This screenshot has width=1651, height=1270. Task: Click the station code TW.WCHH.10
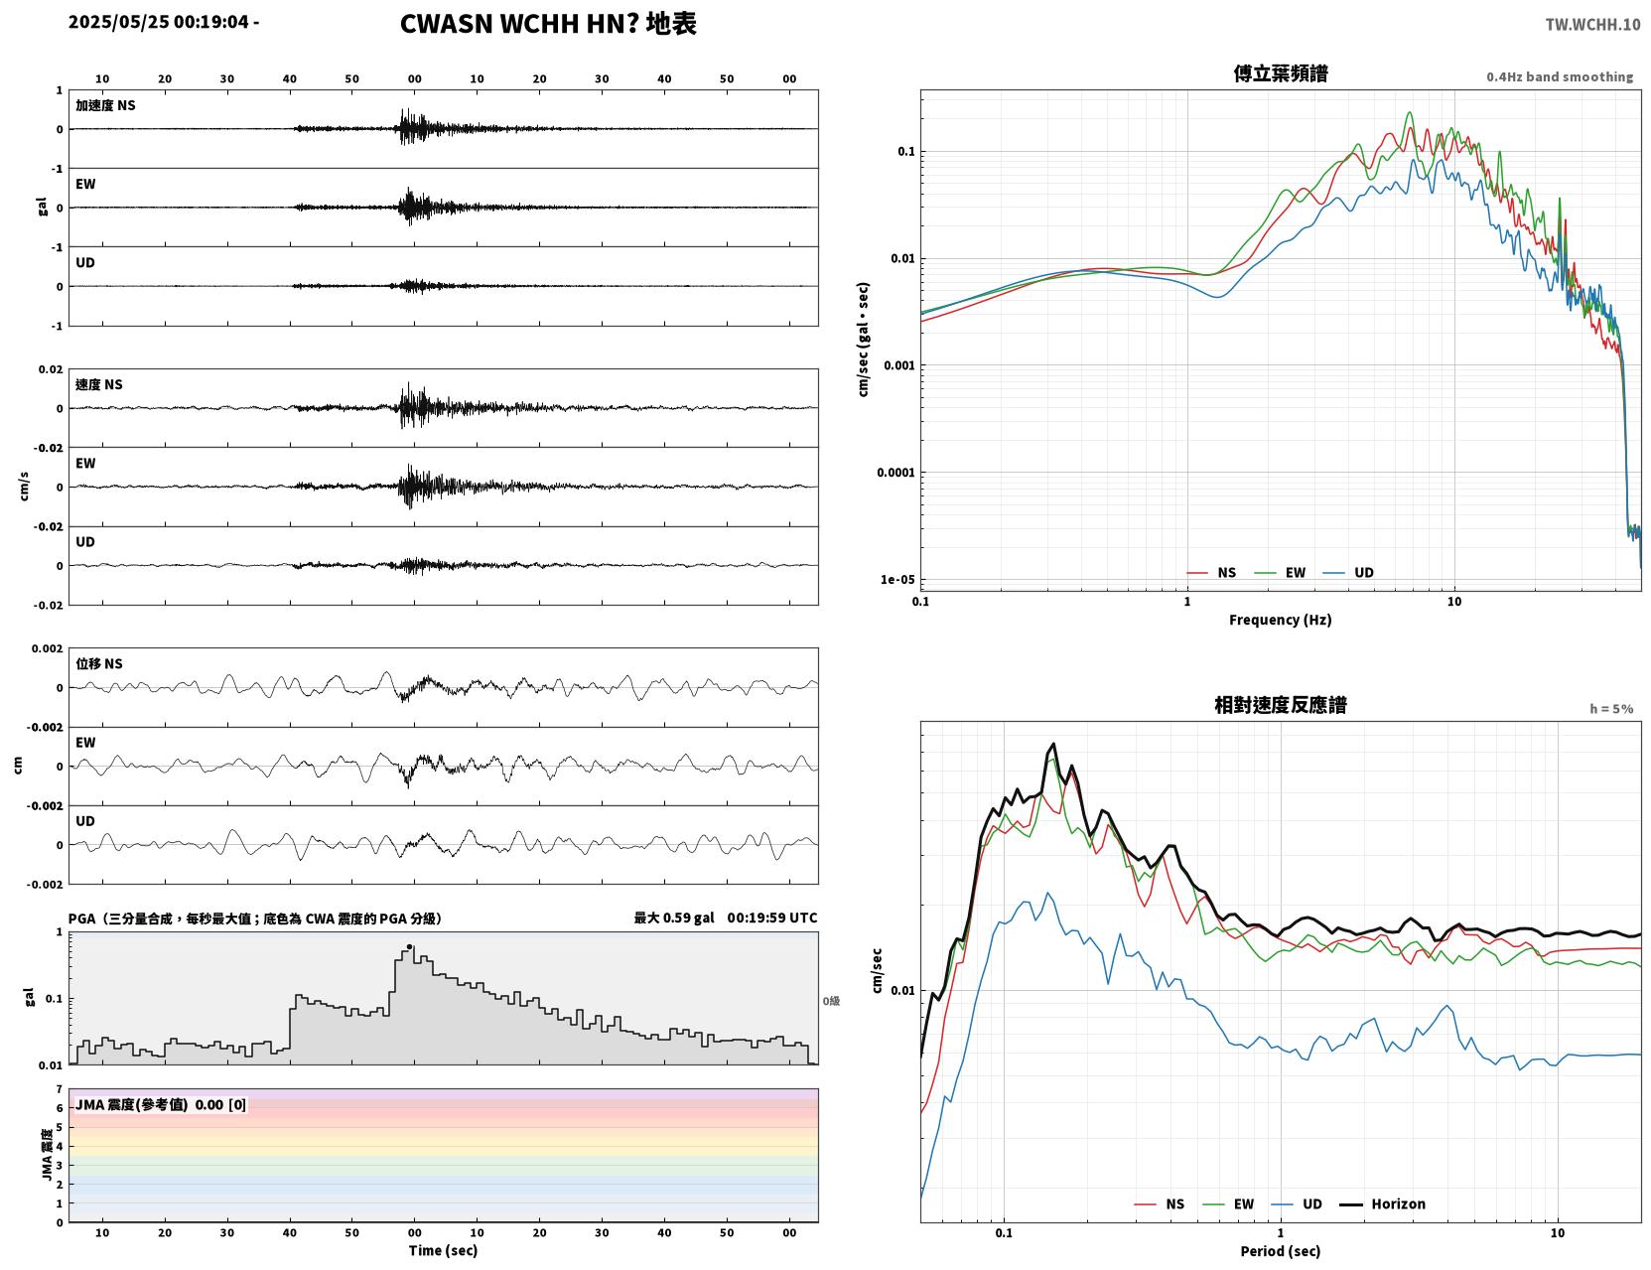[1592, 24]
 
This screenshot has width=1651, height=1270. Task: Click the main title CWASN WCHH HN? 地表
[548, 24]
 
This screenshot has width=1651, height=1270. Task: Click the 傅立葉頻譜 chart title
[1281, 73]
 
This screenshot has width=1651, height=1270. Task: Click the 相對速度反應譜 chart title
[1281, 705]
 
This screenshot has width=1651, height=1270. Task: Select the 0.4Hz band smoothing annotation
[1559, 76]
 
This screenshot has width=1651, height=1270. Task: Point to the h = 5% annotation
[1610, 709]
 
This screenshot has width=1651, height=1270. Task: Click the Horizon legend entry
[1382, 1203]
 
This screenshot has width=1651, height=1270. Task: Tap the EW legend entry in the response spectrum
[1228, 1203]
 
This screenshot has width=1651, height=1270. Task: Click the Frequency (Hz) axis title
[1281, 620]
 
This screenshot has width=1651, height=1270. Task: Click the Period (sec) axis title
[1281, 1251]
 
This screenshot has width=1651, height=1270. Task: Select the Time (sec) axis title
[443, 1250]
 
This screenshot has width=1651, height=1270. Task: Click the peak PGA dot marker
[409, 946]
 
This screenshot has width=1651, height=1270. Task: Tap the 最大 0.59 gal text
[674, 917]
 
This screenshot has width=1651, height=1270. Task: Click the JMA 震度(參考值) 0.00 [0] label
[160, 1104]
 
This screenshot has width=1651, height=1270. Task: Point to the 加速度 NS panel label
[105, 105]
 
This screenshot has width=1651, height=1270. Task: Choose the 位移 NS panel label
[98, 664]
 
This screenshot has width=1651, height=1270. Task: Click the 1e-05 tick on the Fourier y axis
[897, 580]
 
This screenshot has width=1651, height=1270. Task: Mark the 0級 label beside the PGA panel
[831, 1001]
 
